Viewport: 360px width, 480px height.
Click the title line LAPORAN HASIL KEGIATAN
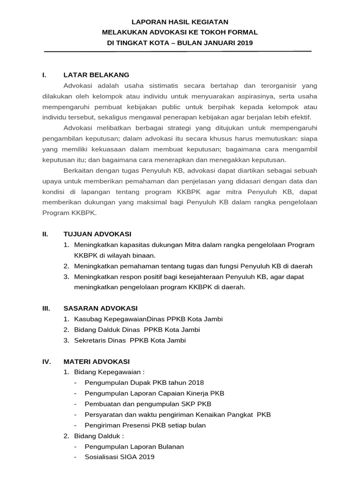click(x=180, y=22)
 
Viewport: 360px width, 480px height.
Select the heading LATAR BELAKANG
click(x=96, y=75)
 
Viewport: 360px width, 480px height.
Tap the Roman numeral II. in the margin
click(x=45, y=234)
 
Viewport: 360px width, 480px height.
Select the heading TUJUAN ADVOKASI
click(x=97, y=234)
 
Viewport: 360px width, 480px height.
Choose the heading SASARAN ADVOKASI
click(x=100, y=308)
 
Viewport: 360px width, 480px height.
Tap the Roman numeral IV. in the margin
click(x=46, y=361)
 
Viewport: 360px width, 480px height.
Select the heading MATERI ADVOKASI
click(x=97, y=361)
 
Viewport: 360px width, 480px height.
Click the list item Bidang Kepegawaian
click(x=101, y=372)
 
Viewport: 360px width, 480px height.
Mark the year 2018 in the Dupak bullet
click(x=196, y=383)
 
